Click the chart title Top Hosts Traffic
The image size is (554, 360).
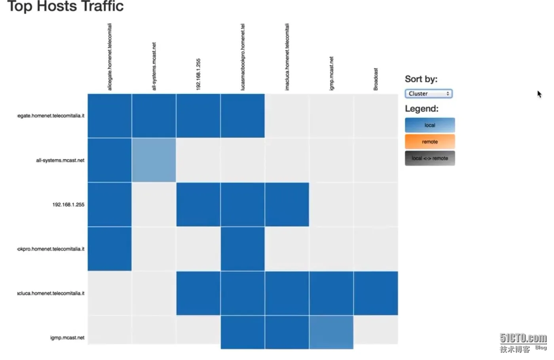(x=65, y=6)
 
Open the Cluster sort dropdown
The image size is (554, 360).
(x=429, y=94)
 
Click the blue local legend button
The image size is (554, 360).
(x=430, y=125)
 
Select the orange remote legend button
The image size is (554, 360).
(x=430, y=142)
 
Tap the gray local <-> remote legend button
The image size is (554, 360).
(x=430, y=158)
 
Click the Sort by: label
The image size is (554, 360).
(x=421, y=79)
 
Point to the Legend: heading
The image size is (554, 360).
(x=421, y=109)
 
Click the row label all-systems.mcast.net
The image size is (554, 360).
(x=60, y=160)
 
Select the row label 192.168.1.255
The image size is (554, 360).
(x=68, y=205)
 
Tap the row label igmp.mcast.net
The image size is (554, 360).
(x=67, y=337)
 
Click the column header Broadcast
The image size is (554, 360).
(x=376, y=79)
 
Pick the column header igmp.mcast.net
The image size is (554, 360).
(x=331, y=73)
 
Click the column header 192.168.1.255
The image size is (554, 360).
(x=198, y=74)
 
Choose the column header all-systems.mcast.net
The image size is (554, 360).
(x=154, y=66)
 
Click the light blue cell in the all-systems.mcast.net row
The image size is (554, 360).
(x=154, y=160)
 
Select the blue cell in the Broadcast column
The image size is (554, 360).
(x=376, y=293)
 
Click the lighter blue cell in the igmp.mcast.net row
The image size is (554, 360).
(x=331, y=332)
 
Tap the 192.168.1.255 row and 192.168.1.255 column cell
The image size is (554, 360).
(x=198, y=205)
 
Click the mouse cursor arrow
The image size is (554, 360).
(x=539, y=94)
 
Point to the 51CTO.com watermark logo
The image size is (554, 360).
(x=523, y=339)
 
